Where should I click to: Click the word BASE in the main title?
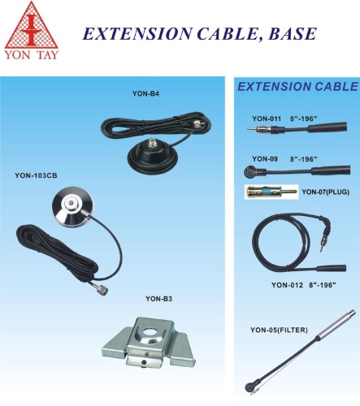293,33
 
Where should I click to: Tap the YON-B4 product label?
145,93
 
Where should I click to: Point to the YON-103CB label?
36,175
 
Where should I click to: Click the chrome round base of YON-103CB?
72,205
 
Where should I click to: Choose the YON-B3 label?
158,299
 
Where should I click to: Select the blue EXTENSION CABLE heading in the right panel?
298,87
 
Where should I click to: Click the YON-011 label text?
267,119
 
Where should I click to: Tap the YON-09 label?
265,159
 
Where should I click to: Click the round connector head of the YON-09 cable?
249,171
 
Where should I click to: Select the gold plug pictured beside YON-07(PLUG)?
271,192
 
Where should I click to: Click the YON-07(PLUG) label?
326,192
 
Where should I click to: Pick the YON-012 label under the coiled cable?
287,285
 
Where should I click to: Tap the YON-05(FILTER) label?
279,330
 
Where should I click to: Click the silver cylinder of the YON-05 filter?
336,324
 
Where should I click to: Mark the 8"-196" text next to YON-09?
304,159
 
